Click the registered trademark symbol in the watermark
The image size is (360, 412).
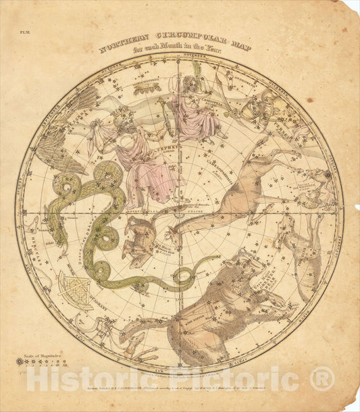pyautogui.click(x=322, y=378)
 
